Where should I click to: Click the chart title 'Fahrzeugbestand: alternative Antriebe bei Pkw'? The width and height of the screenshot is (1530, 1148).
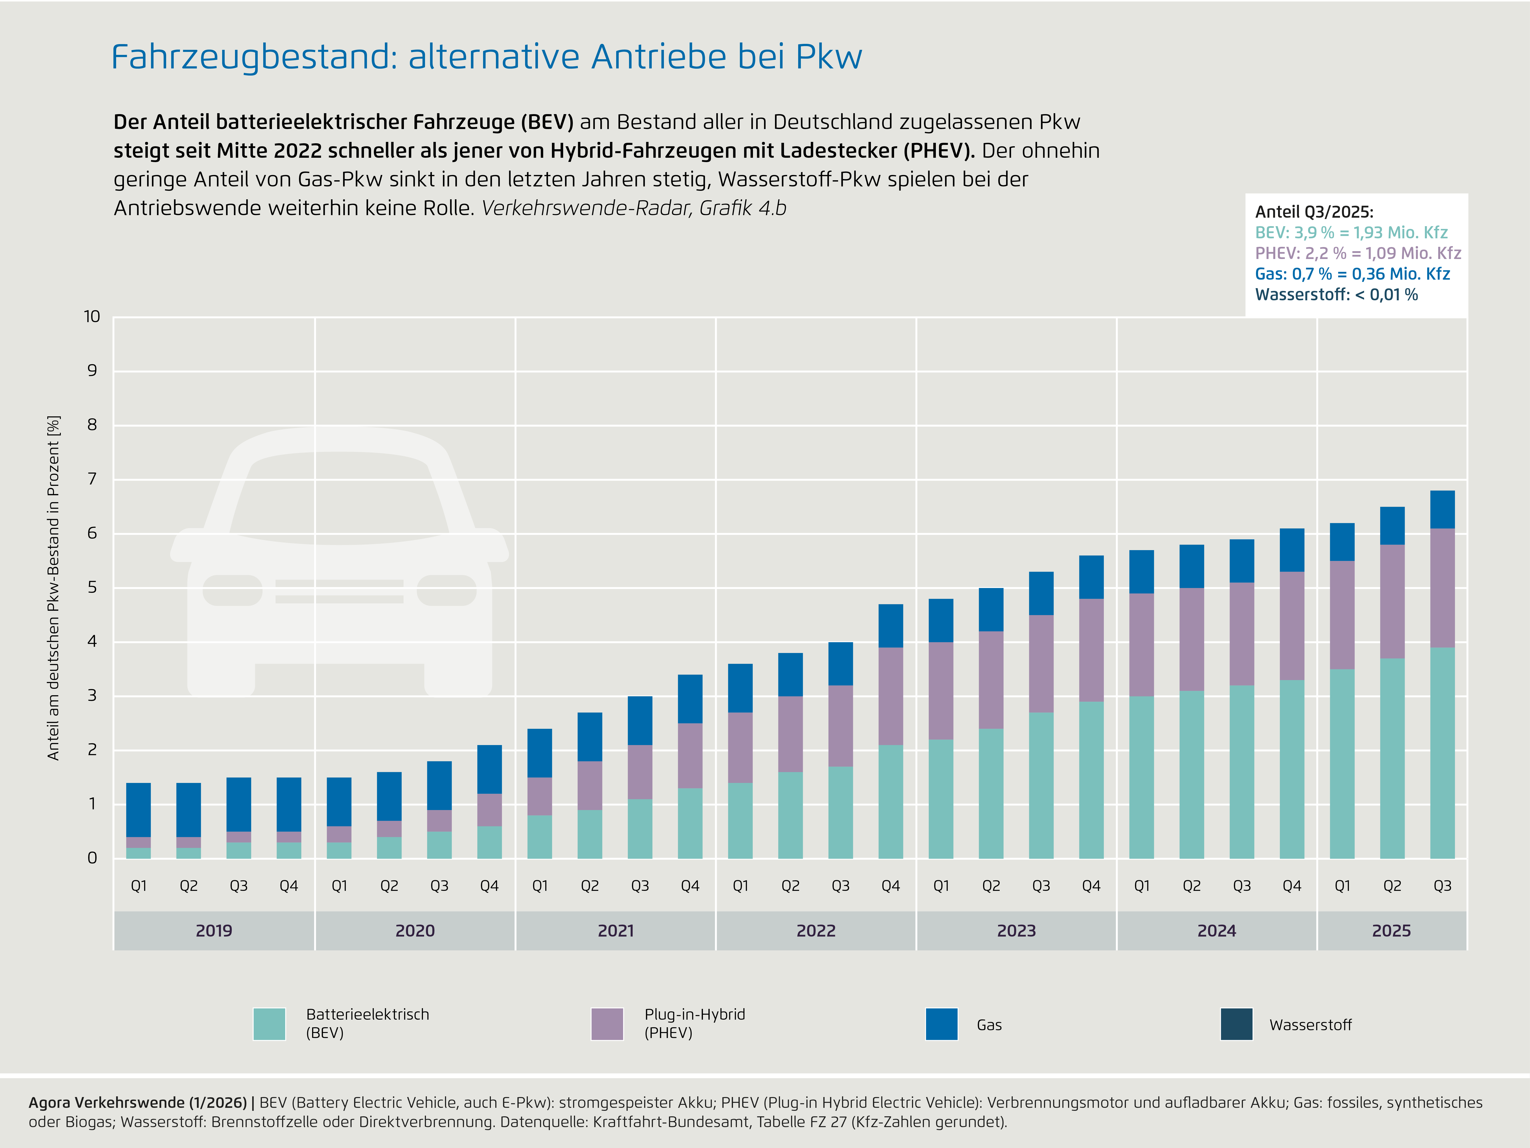486,57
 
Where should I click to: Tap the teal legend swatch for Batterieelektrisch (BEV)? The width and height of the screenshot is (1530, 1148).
269,1024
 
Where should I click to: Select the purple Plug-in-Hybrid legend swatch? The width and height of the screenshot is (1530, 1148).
607,1024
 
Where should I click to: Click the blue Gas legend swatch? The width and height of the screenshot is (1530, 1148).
941,1024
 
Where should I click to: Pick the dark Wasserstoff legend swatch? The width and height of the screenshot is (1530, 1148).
1237,1024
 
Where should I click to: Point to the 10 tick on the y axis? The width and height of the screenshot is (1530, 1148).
92,317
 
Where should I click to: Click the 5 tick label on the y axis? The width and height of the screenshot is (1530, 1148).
92,588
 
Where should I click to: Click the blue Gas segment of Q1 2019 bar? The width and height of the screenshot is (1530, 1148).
138,810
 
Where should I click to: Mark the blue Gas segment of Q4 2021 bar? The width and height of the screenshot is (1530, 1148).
690,699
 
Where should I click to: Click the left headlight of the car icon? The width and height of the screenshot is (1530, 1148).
232,590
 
